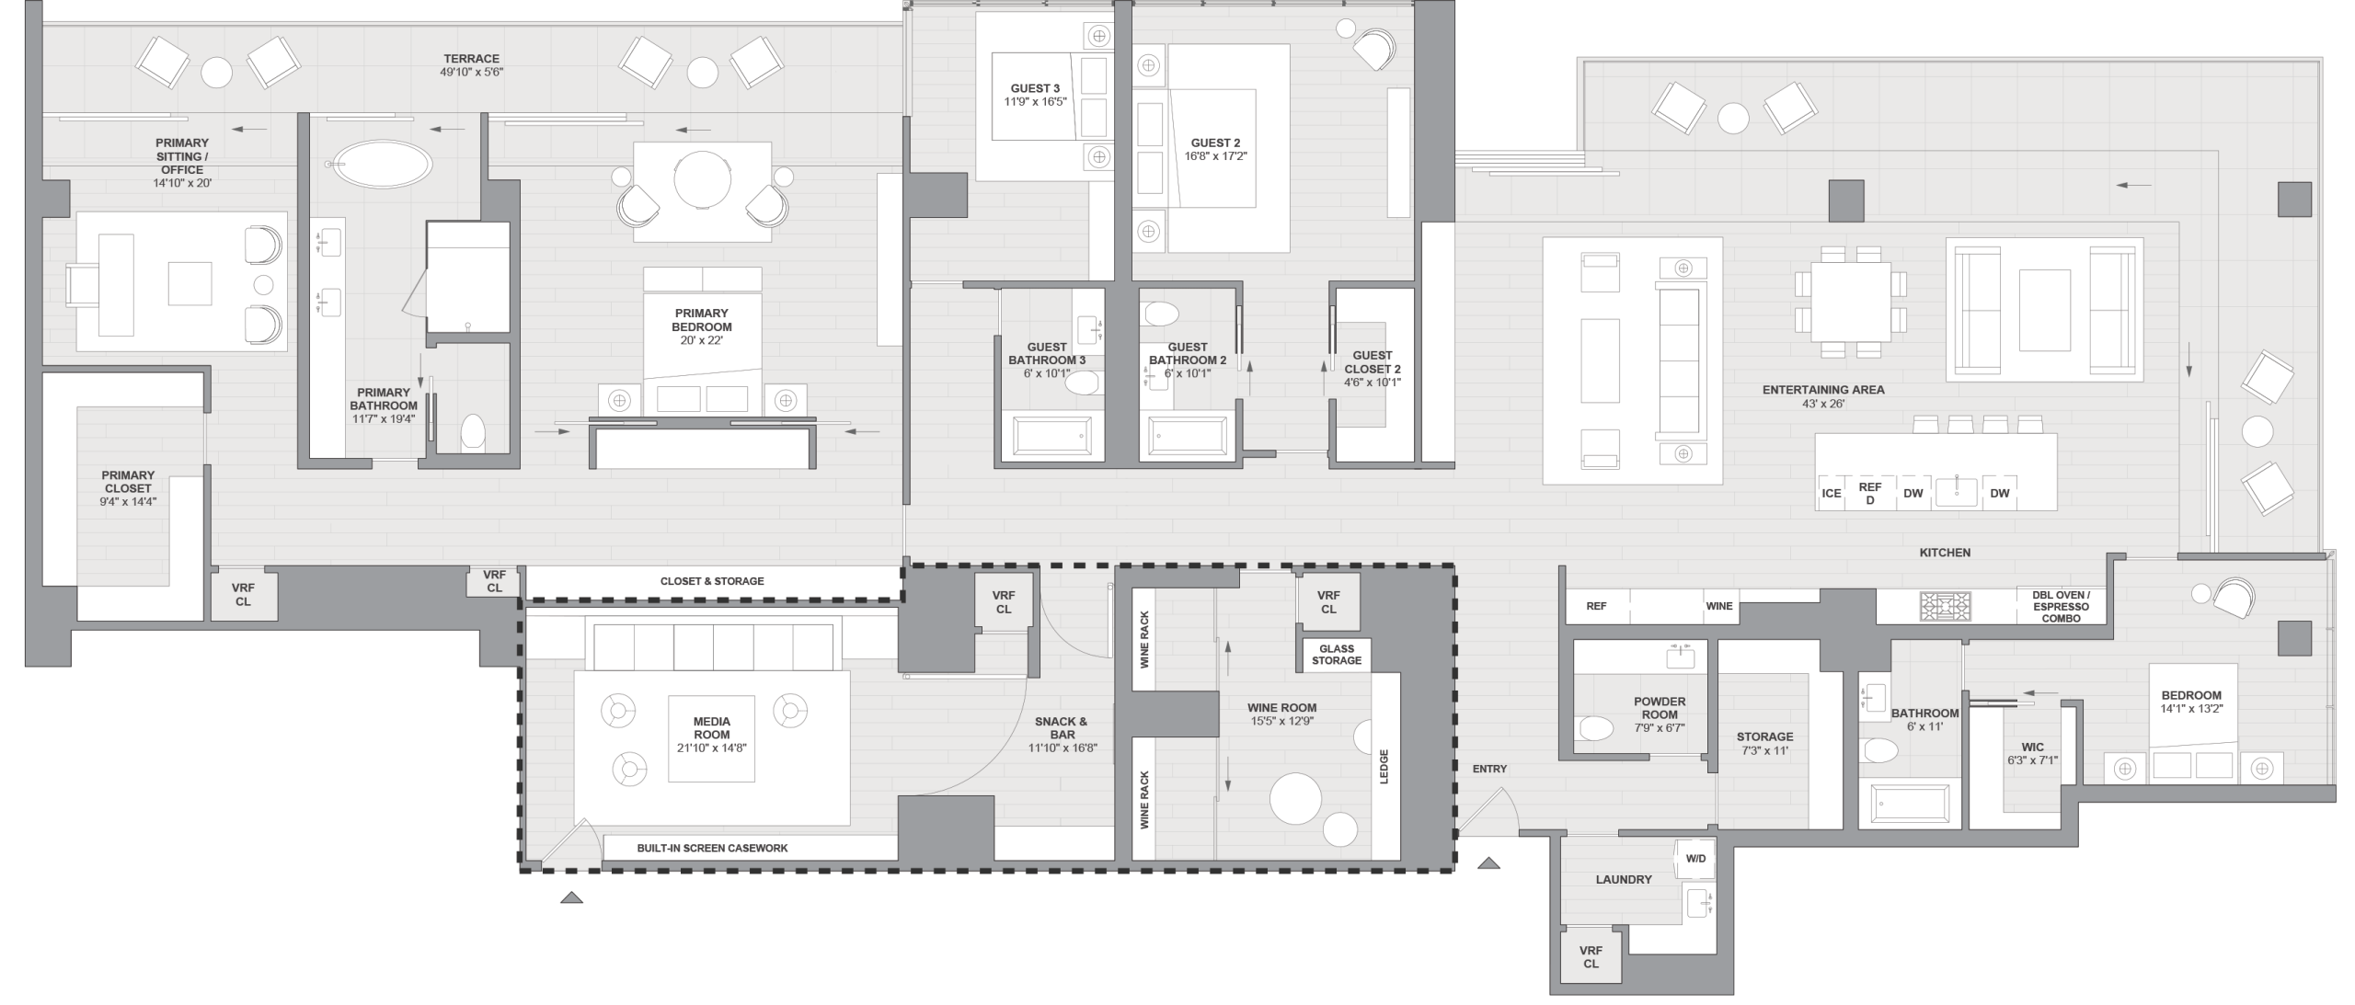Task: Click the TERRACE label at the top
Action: (x=471, y=59)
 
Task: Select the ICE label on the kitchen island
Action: (x=1832, y=493)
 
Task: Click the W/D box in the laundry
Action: (x=1695, y=859)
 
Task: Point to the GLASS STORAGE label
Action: (x=1336, y=655)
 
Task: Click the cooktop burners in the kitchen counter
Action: (x=1945, y=607)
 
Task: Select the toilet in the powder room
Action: (x=1596, y=729)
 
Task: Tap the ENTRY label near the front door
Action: (x=1489, y=769)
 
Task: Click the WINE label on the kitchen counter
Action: (x=1718, y=606)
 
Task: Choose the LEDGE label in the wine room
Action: (x=1384, y=766)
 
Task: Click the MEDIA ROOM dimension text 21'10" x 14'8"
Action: (x=711, y=748)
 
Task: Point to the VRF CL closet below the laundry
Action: (x=1591, y=957)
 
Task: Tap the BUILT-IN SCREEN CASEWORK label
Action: (x=712, y=848)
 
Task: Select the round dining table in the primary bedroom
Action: (x=702, y=180)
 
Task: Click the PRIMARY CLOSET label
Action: (x=128, y=482)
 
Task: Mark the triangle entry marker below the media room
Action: (x=571, y=897)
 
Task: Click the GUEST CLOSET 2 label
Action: (x=1372, y=368)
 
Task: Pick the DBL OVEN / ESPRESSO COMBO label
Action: (x=2061, y=607)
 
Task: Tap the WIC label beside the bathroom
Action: (x=2032, y=748)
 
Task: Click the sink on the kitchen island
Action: (x=1956, y=492)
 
